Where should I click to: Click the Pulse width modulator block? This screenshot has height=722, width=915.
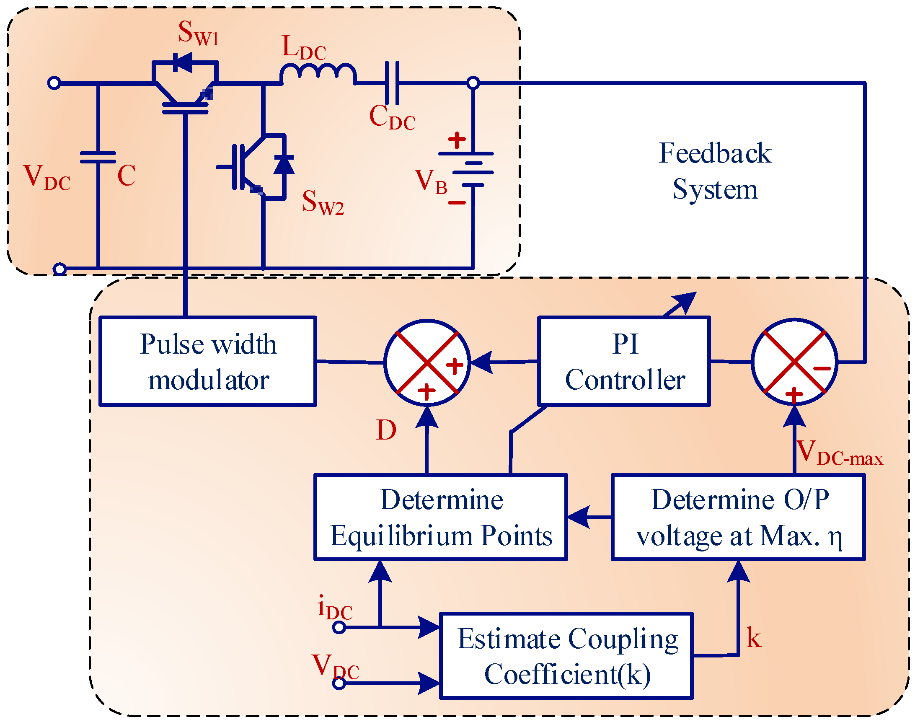click(207, 362)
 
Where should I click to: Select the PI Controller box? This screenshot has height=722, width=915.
click(624, 362)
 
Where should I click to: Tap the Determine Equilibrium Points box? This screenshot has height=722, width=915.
click(440, 518)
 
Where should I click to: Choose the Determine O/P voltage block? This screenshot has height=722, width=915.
click(738, 518)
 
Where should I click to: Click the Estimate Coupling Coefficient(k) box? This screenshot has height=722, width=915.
click(566, 656)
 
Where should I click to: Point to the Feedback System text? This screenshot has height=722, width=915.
click(715, 171)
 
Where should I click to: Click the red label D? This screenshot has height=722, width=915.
click(386, 430)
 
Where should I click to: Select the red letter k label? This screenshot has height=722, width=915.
click(753, 638)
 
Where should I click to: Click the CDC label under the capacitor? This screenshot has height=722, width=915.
click(392, 117)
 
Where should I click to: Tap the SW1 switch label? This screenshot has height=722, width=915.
click(198, 33)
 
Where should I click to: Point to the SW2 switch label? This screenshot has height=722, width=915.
click(323, 203)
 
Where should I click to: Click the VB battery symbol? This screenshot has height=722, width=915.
click(473, 169)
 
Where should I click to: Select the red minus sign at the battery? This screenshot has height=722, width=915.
click(457, 203)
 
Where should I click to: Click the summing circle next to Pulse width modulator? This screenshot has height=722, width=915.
click(427, 362)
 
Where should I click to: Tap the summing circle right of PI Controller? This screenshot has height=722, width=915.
click(794, 362)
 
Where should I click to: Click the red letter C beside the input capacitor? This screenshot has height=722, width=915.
click(127, 176)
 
